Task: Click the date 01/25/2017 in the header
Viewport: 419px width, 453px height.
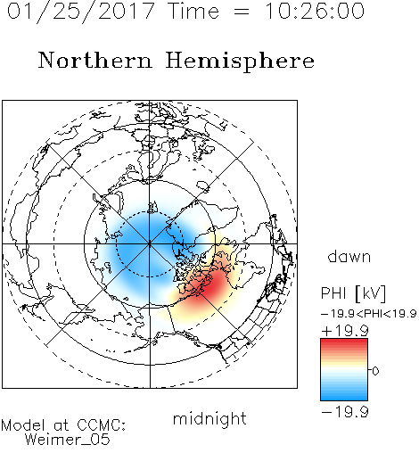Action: (x=81, y=12)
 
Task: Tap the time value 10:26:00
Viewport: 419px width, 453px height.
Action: (x=315, y=11)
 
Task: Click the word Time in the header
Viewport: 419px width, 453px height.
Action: (x=193, y=11)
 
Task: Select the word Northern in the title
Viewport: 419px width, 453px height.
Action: (x=94, y=61)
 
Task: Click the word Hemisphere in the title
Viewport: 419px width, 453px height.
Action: (x=240, y=62)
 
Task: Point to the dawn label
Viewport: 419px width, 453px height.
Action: (x=349, y=256)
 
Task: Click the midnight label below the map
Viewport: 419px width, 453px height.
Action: (x=209, y=419)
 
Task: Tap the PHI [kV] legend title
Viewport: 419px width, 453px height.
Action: (x=353, y=293)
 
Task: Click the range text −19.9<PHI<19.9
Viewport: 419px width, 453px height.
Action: (x=369, y=314)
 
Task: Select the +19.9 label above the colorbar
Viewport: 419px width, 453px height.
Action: (x=345, y=331)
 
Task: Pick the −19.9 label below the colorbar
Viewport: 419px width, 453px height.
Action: (x=345, y=412)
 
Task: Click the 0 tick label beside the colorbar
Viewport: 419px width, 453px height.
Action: (x=375, y=371)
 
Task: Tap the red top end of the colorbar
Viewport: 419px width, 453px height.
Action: (x=344, y=342)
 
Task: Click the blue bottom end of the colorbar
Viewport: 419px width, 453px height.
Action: (x=344, y=398)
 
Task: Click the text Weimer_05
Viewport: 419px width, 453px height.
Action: (x=68, y=440)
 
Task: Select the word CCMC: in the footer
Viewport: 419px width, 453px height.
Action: (x=102, y=425)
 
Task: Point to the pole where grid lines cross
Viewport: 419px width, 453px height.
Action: (x=150, y=244)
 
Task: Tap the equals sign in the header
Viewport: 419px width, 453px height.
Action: (x=242, y=12)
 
